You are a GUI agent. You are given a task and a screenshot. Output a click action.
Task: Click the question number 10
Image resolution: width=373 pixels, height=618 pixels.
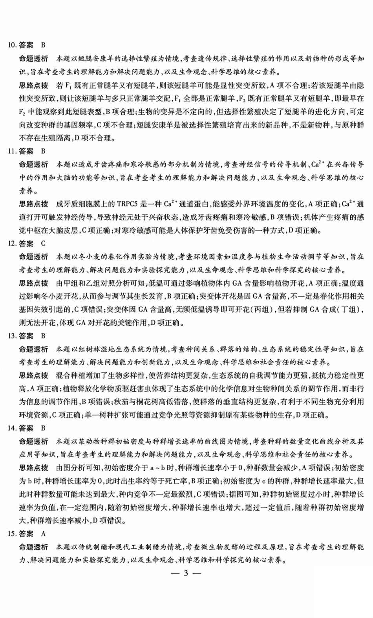tap(12, 45)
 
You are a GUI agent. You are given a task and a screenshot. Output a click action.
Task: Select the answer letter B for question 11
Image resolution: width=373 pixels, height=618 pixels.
tap(43, 151)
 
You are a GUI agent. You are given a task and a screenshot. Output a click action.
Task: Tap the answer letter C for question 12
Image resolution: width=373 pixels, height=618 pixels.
tap(43, 244)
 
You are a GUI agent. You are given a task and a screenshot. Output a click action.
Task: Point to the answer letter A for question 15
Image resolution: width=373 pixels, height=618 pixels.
tap(43, 534)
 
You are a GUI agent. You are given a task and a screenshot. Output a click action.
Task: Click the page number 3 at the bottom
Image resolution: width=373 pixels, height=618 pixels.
tap(186, 573)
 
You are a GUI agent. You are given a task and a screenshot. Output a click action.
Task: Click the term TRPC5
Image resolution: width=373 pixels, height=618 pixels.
tap(128, 204)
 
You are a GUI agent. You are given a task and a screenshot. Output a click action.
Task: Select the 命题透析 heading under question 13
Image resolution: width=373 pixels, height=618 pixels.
tap(34, 349)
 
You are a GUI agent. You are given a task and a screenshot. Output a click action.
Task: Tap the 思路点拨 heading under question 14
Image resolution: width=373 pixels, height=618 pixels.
tap(34, 468)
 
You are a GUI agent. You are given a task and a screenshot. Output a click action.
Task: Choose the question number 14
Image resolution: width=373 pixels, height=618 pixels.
tap(12, 428)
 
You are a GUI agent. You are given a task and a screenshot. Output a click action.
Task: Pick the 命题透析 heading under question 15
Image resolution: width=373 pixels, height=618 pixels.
tap(34, 547)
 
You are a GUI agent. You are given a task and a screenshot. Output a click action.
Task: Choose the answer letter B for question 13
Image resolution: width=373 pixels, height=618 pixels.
tap(43, 336)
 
